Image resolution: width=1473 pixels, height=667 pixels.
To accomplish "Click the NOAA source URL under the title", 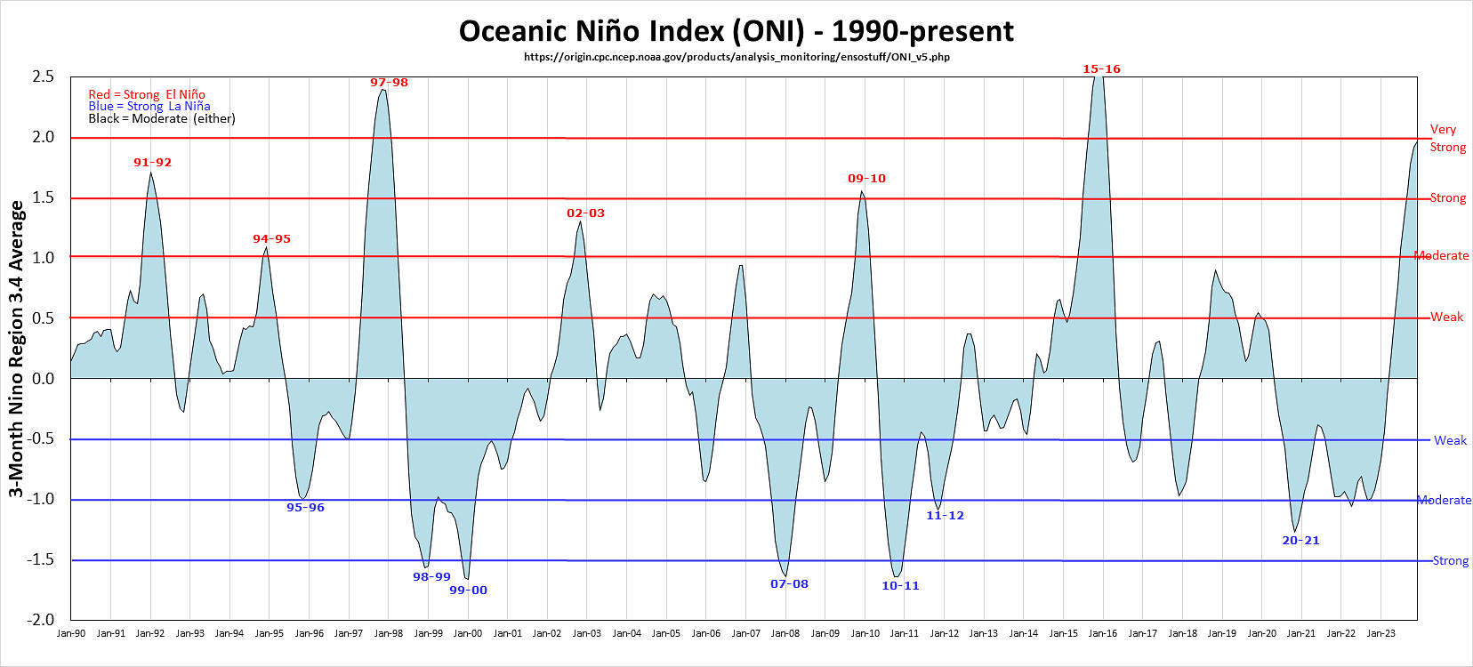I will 736,57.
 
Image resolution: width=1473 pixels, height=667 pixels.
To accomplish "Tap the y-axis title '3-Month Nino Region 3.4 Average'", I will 16,349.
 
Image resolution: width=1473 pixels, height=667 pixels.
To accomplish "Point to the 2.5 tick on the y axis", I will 44,77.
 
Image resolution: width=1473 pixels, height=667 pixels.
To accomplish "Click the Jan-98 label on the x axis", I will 389,633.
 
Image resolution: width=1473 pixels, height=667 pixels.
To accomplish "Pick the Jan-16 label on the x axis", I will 1103,633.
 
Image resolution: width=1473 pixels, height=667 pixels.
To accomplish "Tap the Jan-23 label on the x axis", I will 1380,633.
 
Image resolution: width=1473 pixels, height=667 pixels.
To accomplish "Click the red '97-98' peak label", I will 389,83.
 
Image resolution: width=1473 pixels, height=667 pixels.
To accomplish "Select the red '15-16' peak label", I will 1101,68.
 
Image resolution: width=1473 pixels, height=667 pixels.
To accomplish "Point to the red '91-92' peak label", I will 152,163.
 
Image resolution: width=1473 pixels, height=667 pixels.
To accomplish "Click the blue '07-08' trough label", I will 789,584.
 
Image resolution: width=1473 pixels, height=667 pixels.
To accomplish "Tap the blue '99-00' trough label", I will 468,591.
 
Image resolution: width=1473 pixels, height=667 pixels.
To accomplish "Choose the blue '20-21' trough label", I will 1300,541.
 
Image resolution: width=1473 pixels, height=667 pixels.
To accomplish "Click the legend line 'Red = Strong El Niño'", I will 147,94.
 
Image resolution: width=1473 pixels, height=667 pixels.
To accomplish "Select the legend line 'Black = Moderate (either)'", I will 162,118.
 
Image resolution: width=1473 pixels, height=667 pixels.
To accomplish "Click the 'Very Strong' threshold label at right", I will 1447,138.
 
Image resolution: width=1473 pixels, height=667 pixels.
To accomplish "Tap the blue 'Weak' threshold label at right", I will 1450,440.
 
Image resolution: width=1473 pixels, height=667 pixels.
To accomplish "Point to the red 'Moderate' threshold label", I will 1442,255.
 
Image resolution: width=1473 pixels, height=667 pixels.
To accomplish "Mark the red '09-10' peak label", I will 866,179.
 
